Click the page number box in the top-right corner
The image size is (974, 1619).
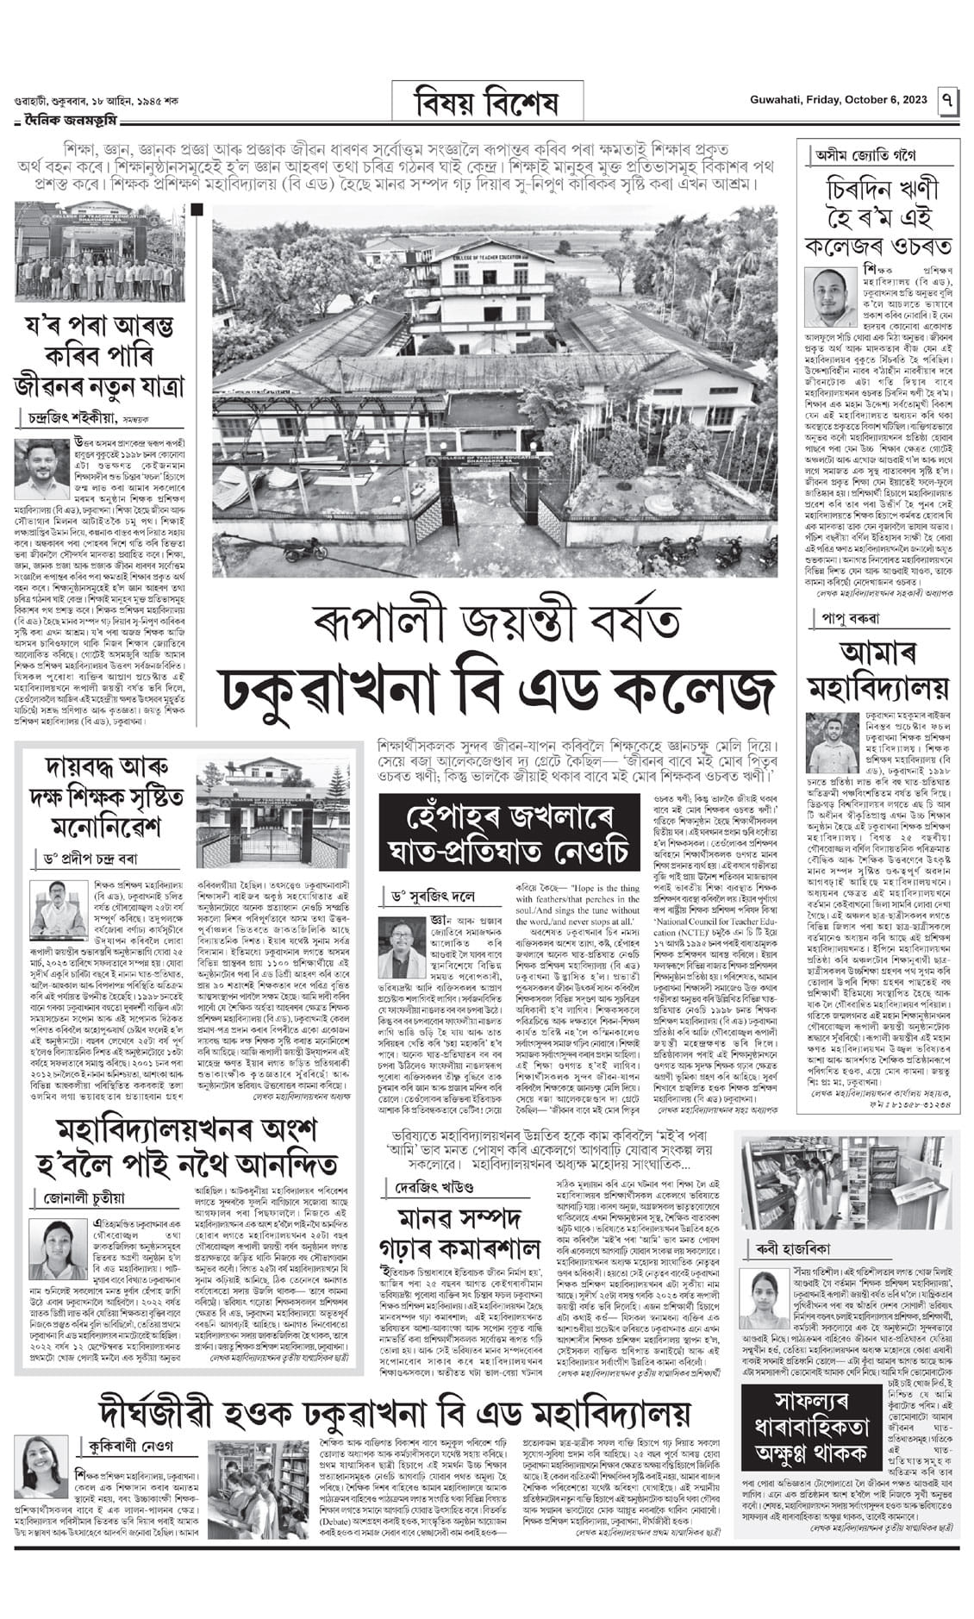948,101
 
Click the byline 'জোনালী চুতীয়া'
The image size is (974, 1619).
84,1197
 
